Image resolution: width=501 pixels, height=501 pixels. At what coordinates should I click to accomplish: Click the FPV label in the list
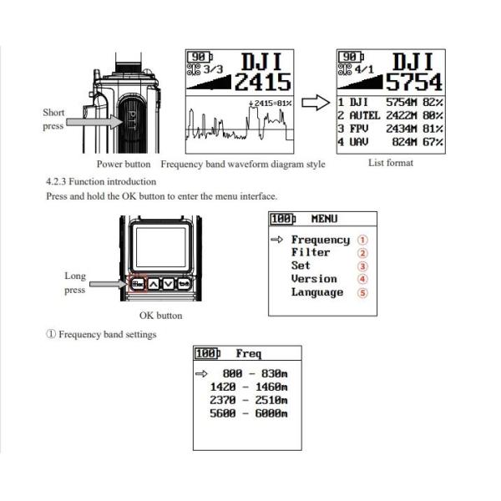360,129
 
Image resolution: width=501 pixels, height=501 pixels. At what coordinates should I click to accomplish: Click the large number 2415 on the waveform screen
263,83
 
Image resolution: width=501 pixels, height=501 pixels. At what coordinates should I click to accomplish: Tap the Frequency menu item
320,240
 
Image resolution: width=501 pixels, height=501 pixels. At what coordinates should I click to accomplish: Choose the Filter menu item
311,253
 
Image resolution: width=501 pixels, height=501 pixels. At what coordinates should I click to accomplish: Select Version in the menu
314,279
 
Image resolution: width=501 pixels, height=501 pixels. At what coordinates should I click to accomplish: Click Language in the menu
316,292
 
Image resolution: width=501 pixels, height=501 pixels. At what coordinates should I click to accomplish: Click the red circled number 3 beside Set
362,266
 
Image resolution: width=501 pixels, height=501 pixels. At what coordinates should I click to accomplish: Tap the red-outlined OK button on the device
139,283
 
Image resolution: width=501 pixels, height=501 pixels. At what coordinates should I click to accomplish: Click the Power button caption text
123,164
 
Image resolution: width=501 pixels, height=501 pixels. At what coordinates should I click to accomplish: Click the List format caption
390,163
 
